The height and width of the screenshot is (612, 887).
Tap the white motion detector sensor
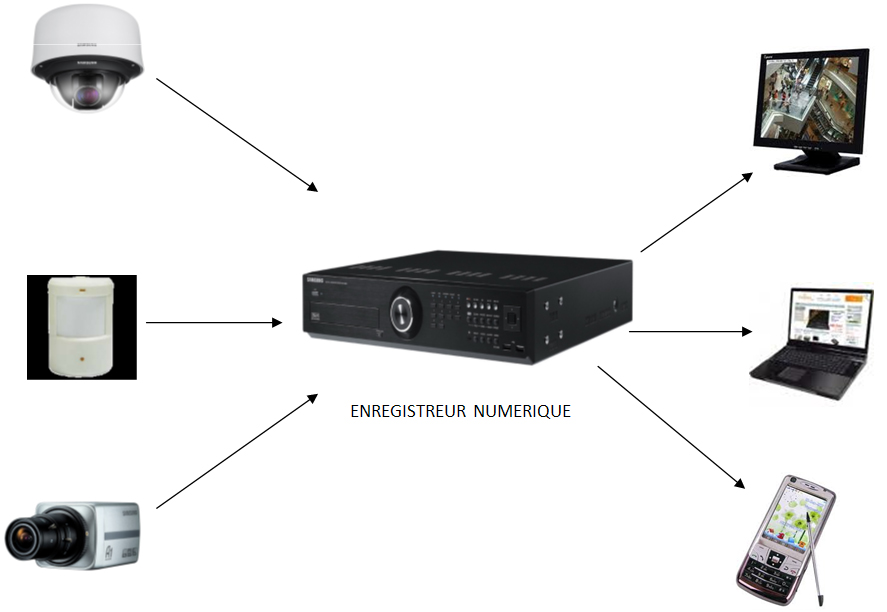click(x=81, y=326)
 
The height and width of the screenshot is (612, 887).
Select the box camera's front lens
click(x=23, y=540)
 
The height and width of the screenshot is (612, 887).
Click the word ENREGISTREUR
click(x=407, y=411)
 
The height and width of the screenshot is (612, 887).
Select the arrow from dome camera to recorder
click(x=238, y=134)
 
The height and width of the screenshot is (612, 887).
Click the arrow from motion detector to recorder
click(x=213, y=322)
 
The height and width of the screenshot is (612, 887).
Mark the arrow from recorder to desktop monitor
click(x=696, y=211)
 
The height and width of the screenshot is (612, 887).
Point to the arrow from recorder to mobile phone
click(x=672, y=426)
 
